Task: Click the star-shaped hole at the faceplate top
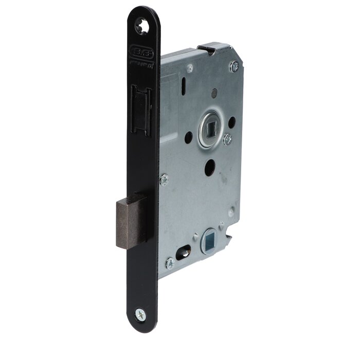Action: pyautogui.click(x=142, y=25)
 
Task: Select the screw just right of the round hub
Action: pyautogui.click(x=227, y=139)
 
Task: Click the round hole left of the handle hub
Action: pyautogui.click(x=189, y=137)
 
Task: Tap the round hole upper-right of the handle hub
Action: pyautogui.click(x=231, y=122)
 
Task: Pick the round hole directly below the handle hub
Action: pyautogui.click(x=209, y=169)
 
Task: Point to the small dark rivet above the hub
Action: pyautogui.click(x=214, y=93)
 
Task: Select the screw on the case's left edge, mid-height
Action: pyautogui.click(x=164, y=179)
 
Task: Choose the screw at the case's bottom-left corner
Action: pyautogui.click(x=169, y=264)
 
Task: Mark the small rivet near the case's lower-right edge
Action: pyautogui.click(x=232, y=211)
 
